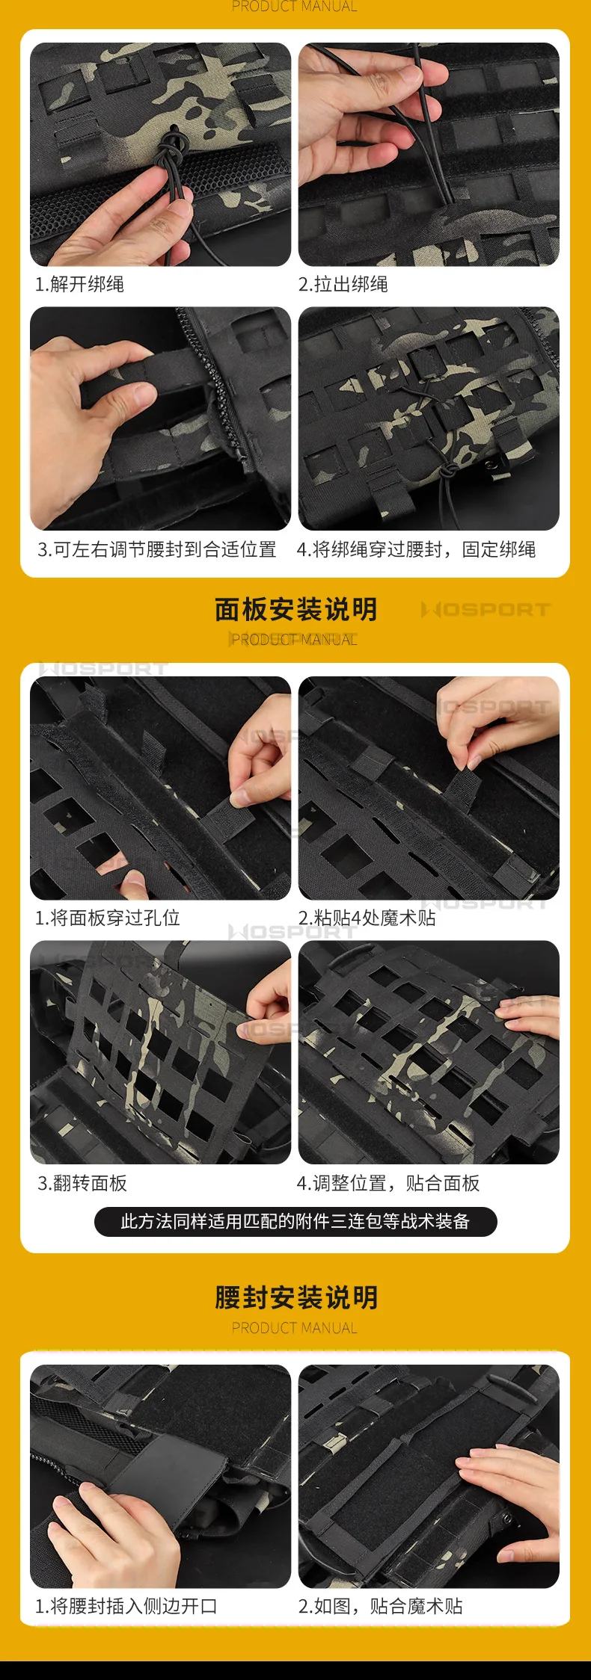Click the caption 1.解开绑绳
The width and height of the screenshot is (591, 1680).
[79, 284]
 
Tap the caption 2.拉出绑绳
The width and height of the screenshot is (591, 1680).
[343, 284]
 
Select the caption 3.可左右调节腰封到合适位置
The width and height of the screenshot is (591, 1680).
[157, 549]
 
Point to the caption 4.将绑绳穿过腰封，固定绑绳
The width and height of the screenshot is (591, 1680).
[416, 549]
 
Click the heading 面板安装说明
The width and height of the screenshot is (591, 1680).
[296, 609]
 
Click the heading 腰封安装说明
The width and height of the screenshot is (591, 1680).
[296, 1297]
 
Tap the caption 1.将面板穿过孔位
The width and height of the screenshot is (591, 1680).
[108, 918]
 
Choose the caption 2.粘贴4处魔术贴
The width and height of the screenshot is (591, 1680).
[367, 918]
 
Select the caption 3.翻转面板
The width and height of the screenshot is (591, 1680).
[82, 1183]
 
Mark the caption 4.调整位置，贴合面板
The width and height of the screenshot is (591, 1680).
[388, 1183]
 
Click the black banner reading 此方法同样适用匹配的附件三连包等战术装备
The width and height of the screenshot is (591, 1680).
[295, 1222]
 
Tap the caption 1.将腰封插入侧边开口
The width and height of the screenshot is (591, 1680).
[126, 1606]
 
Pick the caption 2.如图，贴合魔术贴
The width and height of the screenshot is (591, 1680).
[380, 1606]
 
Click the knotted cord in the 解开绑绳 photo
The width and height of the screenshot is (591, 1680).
[173, 149]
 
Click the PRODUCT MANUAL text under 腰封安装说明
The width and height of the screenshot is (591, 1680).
[295, 1328]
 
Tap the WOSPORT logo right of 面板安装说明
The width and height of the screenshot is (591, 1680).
[486, 610]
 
